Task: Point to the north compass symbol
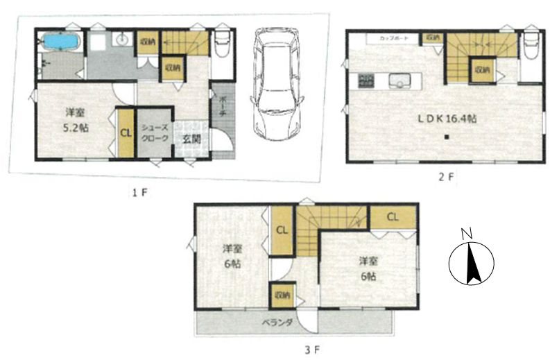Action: pos(471,262)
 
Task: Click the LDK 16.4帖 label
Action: pos(446,119)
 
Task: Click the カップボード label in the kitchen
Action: pos(393,37)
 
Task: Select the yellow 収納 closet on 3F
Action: pos(281,295)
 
